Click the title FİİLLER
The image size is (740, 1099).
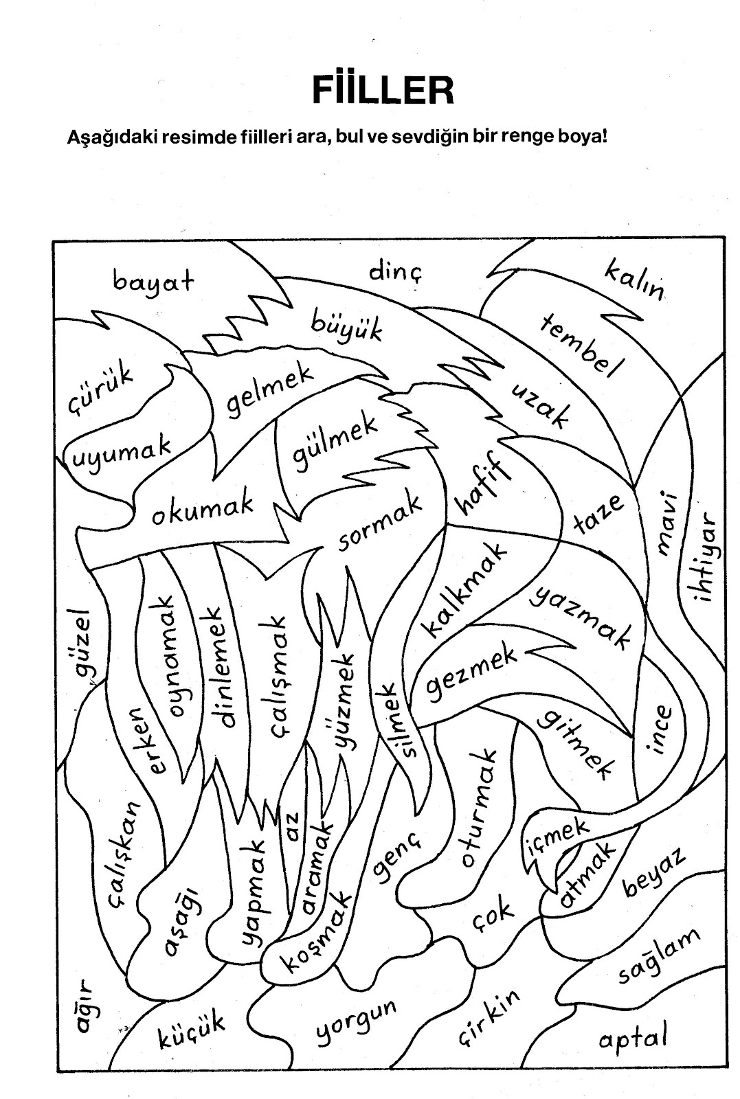[383, 90]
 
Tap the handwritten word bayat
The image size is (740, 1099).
[153, 281]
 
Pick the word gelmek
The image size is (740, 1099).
[270, 393]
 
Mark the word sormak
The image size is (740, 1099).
[379, 525]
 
